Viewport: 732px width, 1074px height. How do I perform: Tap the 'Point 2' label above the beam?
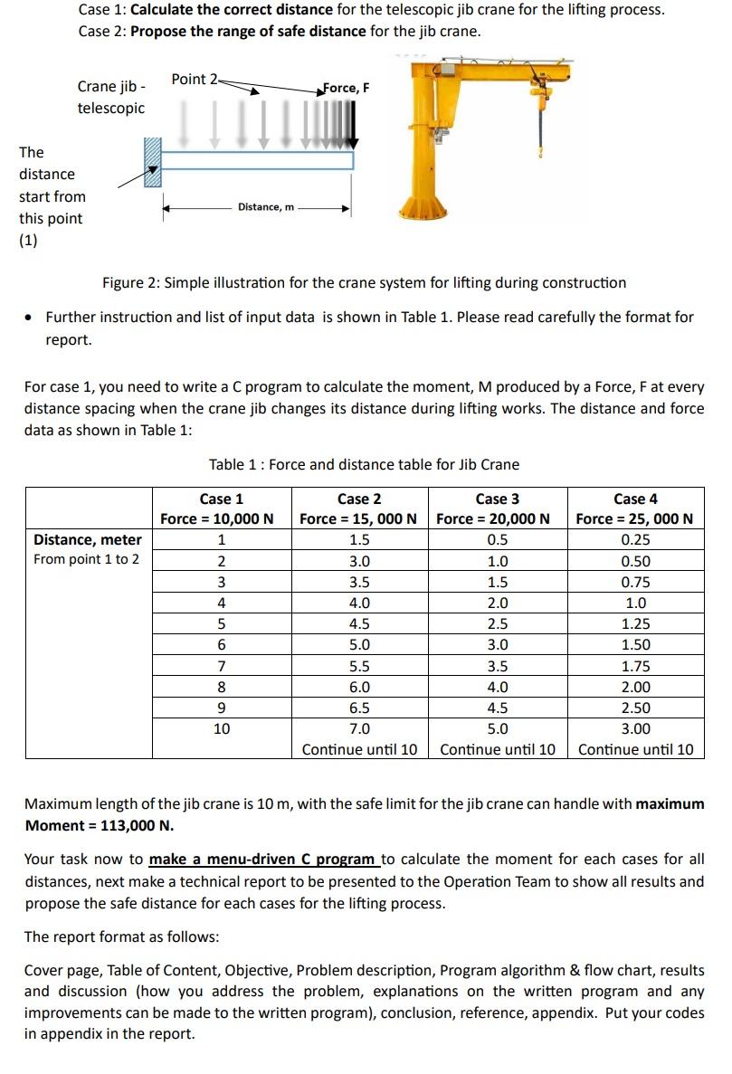194,79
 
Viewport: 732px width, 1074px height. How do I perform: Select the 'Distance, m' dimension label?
265,207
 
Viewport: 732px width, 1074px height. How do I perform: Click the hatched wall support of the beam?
151,160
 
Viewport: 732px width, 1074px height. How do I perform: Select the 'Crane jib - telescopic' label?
110,98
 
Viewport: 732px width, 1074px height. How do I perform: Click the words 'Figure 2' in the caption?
129,282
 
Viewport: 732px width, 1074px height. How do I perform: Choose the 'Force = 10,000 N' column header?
217,518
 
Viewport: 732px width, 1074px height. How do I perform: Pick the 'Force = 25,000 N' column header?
634,518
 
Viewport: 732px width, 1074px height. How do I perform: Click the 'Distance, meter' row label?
88,540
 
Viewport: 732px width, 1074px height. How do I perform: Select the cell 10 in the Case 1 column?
222,728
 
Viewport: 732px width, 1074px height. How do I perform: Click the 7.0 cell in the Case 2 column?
359,728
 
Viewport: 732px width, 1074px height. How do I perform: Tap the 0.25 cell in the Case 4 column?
635,540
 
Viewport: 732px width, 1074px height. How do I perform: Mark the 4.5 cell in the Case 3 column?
497,708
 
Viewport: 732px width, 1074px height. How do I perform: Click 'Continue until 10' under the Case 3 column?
498,749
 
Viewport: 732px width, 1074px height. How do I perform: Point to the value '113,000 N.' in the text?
134,825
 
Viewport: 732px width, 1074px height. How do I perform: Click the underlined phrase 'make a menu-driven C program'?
262,859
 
